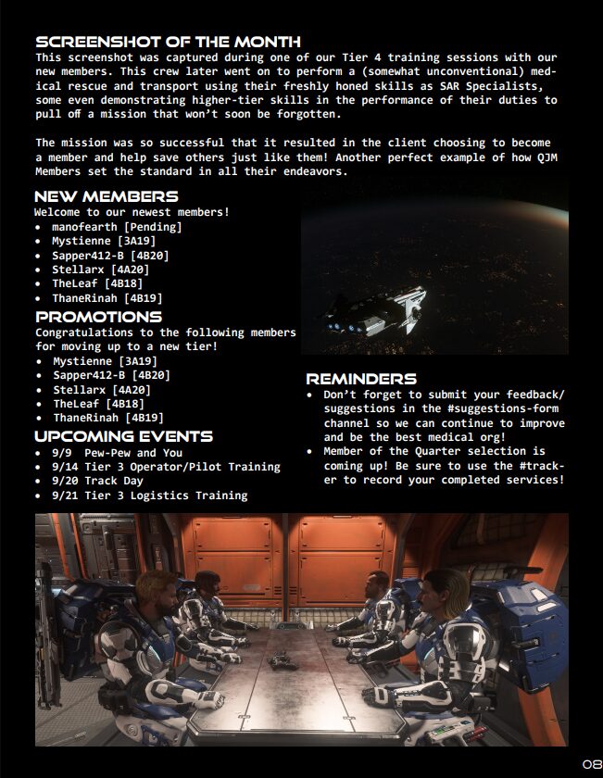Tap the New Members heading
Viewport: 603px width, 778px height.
pos(107,197)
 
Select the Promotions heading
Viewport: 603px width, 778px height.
pos(98,318)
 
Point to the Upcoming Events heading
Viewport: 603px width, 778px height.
pos(124,437)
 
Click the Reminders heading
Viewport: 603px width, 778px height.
pos(361,379)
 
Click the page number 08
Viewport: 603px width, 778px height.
pos(592,763)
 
